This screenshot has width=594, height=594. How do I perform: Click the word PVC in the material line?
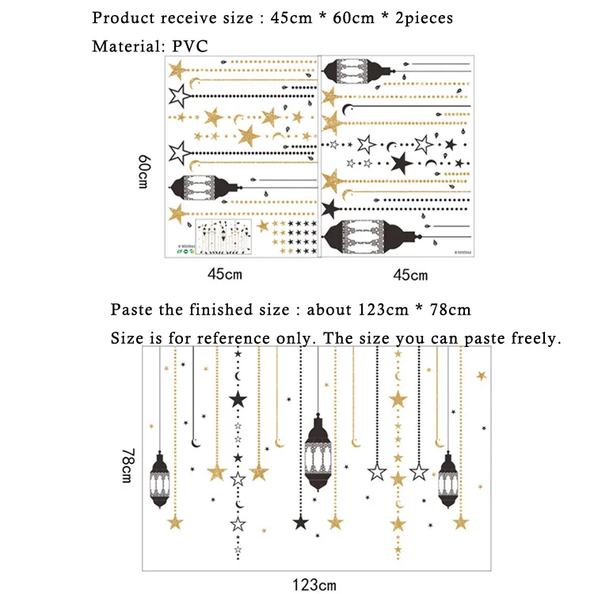[190, 46]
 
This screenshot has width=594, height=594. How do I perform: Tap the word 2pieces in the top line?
[424, 18]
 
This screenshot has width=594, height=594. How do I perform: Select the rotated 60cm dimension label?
[145, 171]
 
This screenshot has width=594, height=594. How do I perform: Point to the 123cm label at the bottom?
[314, 584]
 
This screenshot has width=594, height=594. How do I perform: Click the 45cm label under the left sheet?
[225, 274]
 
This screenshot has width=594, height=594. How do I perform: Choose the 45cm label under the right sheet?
[410, 275]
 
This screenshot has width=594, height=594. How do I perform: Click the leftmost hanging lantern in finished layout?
[159, 479]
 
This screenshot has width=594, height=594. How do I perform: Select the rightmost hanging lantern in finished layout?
[448, 479]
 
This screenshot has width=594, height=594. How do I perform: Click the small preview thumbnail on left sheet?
[223, 237]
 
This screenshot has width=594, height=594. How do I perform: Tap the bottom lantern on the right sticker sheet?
[371, 237]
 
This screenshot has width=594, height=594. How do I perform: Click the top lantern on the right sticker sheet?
[358, 70]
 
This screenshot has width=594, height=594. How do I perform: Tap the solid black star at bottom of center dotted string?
[301, 523]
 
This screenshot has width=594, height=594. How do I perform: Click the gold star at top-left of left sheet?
[177, 70]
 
